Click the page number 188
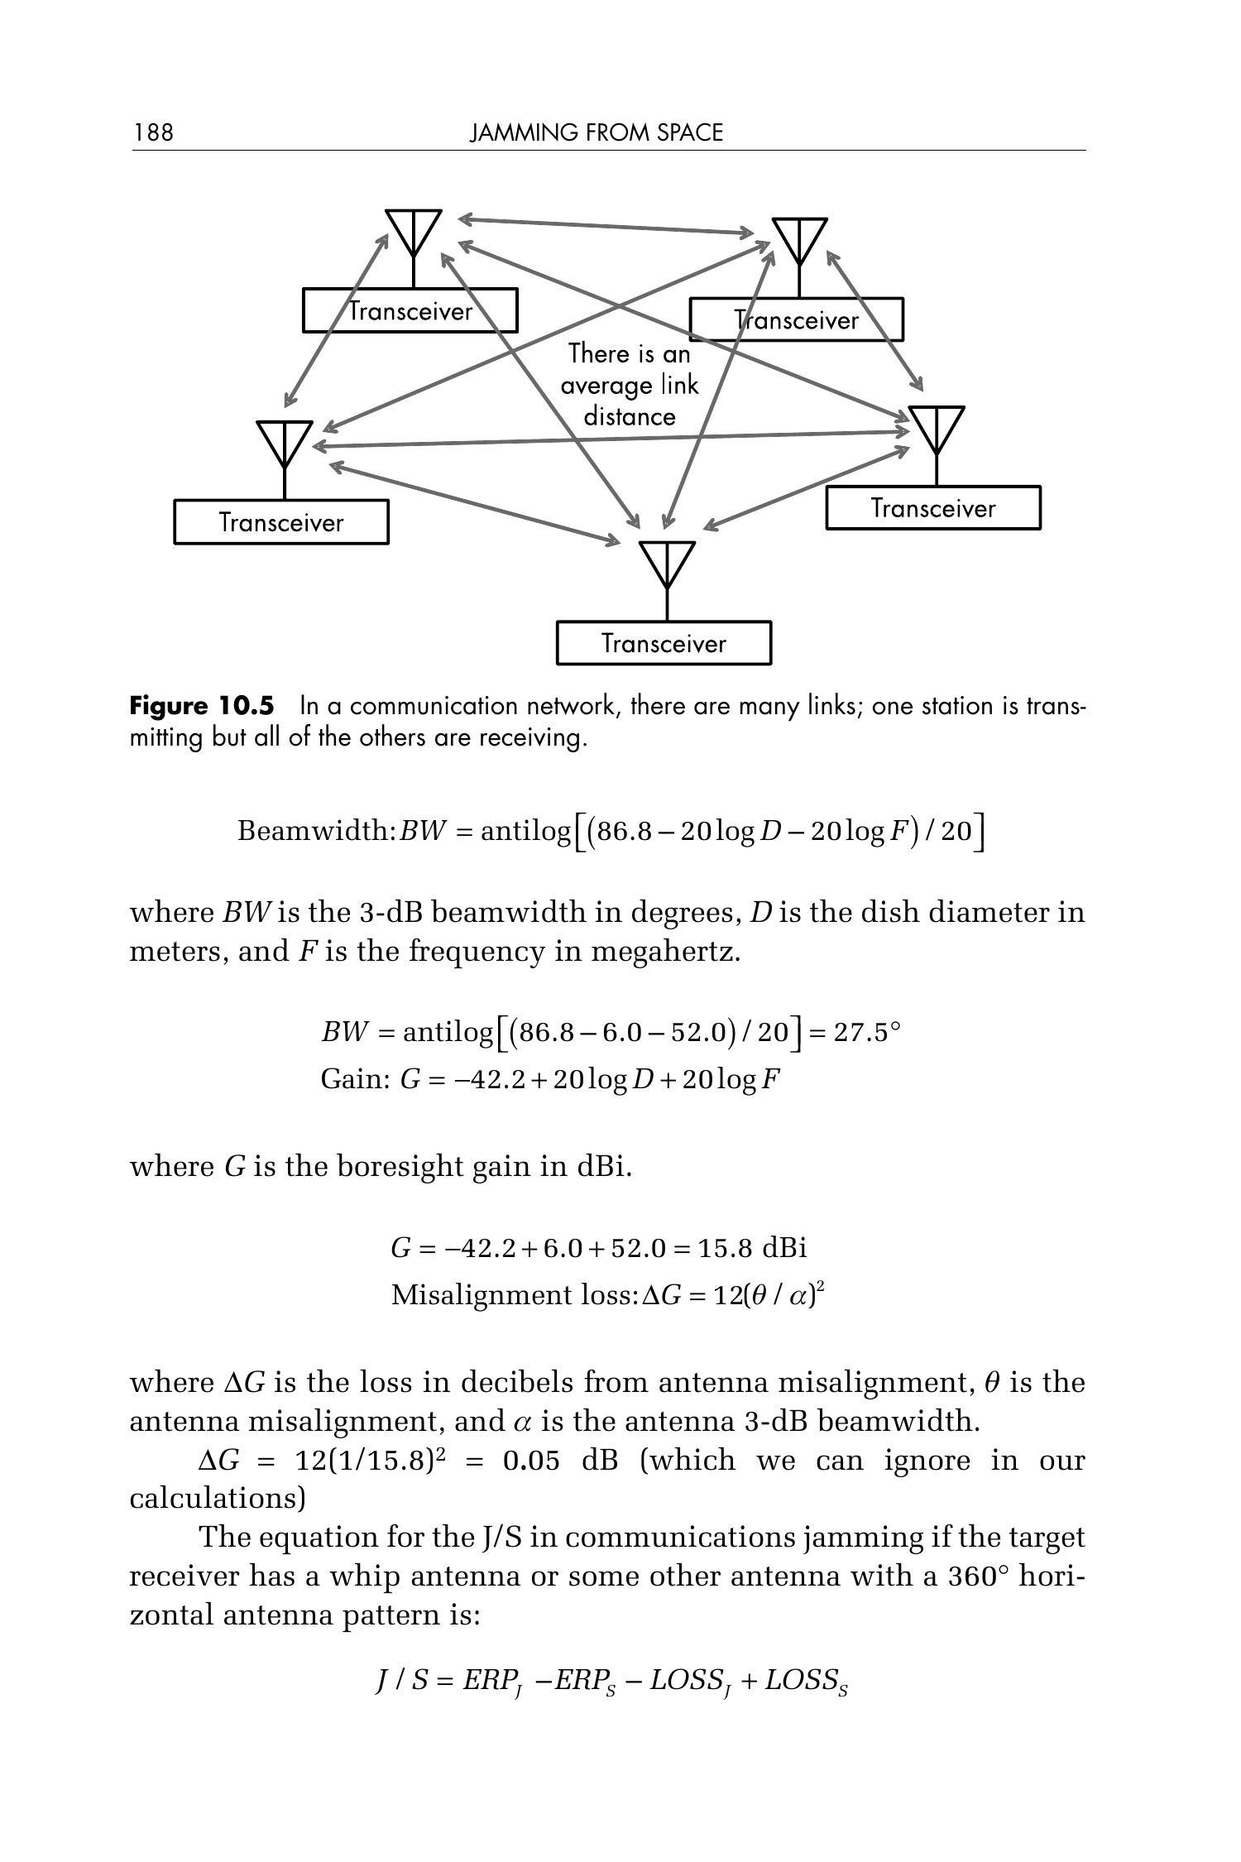(x=153, y=132)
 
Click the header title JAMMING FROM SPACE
(x=596, y=132)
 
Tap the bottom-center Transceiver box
(x=664, y=643)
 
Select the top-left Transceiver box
(x=410, y=310)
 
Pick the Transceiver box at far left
(x=280, y=522)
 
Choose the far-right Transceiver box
(x=932, y=507)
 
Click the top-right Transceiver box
(x=796, y=320)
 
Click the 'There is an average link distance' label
(x=629, y=385)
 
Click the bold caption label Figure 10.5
(x=201, y=706)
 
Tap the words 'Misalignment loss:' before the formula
(x=514, y=1294)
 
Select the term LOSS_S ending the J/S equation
(x=807, y=1681)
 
